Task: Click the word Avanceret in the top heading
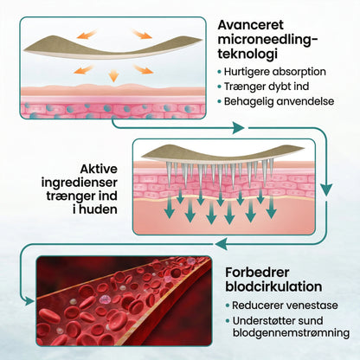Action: (x=251, y=25)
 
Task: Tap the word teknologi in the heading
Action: (x=247, y=54)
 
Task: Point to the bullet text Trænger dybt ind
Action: (x=267, y=87)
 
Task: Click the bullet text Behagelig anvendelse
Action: (x=279, y=101)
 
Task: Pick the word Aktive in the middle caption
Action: (x=99, y=169)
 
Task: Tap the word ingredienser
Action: (x=80, y=183)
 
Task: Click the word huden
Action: (x=99, y=209)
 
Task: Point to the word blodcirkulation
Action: (x=273, y=286)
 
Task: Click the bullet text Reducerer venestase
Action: (x=285, y=305)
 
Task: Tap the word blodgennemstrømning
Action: (x=291, y=333)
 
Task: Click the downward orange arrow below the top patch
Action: (x=113, y=75)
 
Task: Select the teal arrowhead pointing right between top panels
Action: (x=239, y=128)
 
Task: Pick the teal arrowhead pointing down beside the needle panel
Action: (x=326, y=190)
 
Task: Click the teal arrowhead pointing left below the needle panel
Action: (x=220, y=244)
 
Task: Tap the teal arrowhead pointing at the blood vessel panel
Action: (x=29, y=301)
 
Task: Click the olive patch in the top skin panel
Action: (x=112, y=47)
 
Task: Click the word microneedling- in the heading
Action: (x=267, y=40)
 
